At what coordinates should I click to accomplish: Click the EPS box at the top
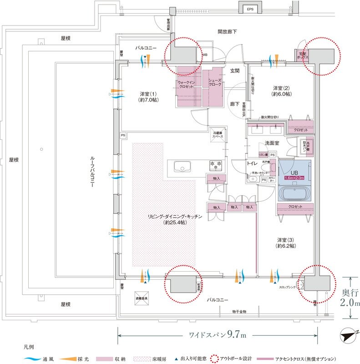click(249, 9)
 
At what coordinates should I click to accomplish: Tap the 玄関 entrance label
click(234, 71)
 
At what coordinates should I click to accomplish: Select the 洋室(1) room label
click(148, 97)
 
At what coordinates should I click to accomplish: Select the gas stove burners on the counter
click(214, 164)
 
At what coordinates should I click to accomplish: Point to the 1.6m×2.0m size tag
click(294, 178)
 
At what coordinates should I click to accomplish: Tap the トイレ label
click(253, 163)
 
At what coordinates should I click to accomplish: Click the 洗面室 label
click(274, 143)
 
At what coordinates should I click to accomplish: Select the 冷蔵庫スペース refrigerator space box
click(218, 135)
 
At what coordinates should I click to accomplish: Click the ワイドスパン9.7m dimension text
click(218, 336)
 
